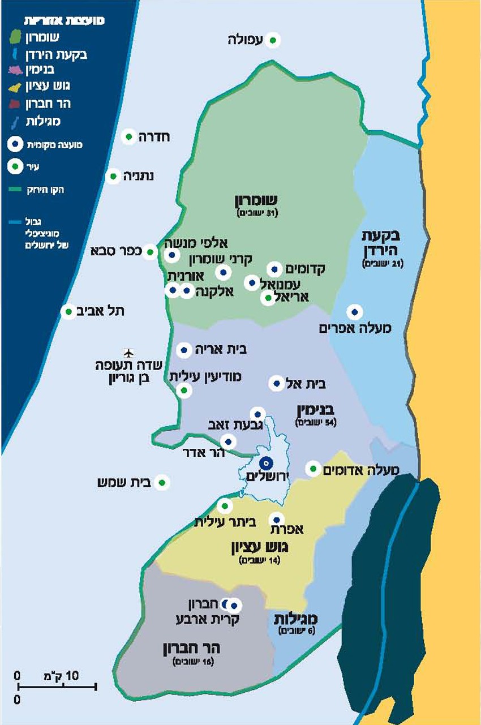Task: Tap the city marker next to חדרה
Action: pyautogui.click(x=130, y=136)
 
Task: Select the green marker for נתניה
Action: pyautogui.click(x=114, y=176)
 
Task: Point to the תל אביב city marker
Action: pyautogui.click(x=68, y=311)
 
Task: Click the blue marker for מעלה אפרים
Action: pyautogui.click(x=355, y=311)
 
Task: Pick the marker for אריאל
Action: pyautogui.click(x=268, y=298)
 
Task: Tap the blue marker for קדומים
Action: pyautogui.click(x=274, y=269)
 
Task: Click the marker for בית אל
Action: pyautogui.click(x=277, y=384)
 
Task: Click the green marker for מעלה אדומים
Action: pyautogui.click(x=312, y=469)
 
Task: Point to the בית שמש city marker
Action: pyautogui.click(x=162, y=483)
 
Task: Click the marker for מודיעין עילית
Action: pyautogui.click(x=183, y=389)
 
